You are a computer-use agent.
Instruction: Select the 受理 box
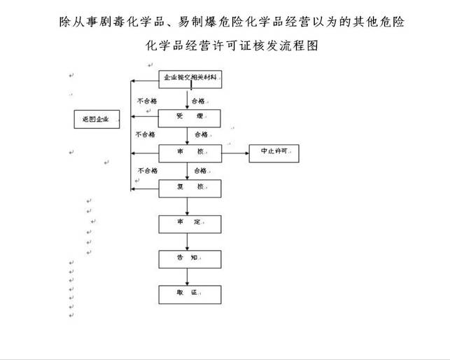click(189, 117)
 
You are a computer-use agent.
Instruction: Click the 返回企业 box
click(96, 119)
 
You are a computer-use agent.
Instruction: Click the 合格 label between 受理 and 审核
click(202, 134)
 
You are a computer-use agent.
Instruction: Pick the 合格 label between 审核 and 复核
click(201, 170)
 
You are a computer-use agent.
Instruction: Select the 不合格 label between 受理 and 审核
click(145, 134)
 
